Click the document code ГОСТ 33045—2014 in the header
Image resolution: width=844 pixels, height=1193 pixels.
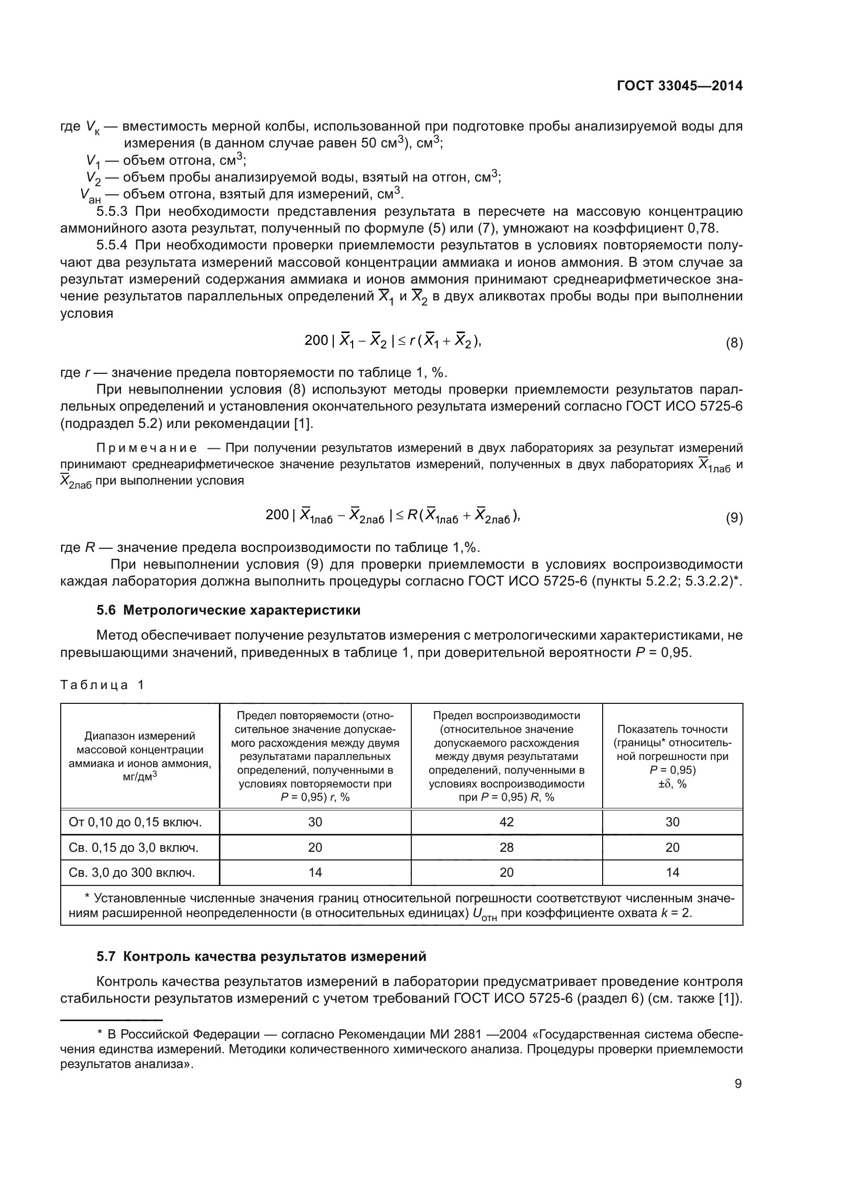coord(679,86)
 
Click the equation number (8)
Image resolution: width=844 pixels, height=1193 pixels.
coord(734,343)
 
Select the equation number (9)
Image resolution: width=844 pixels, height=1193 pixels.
coord(734,518)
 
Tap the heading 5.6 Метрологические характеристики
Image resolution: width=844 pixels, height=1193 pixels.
coord(229,610)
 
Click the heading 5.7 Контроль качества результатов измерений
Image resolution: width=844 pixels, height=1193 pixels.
coord(261,956)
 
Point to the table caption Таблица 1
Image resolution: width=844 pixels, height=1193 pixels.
coord(103,685)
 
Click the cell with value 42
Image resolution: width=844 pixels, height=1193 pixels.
coord(506,822)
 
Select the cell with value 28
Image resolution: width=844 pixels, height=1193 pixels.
coord(506,848)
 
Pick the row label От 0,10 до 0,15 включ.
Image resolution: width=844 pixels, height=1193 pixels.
coord(135,822)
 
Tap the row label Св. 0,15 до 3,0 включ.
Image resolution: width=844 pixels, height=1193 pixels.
coord(134,848)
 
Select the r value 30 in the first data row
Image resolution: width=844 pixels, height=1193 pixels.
coord(315,822)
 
